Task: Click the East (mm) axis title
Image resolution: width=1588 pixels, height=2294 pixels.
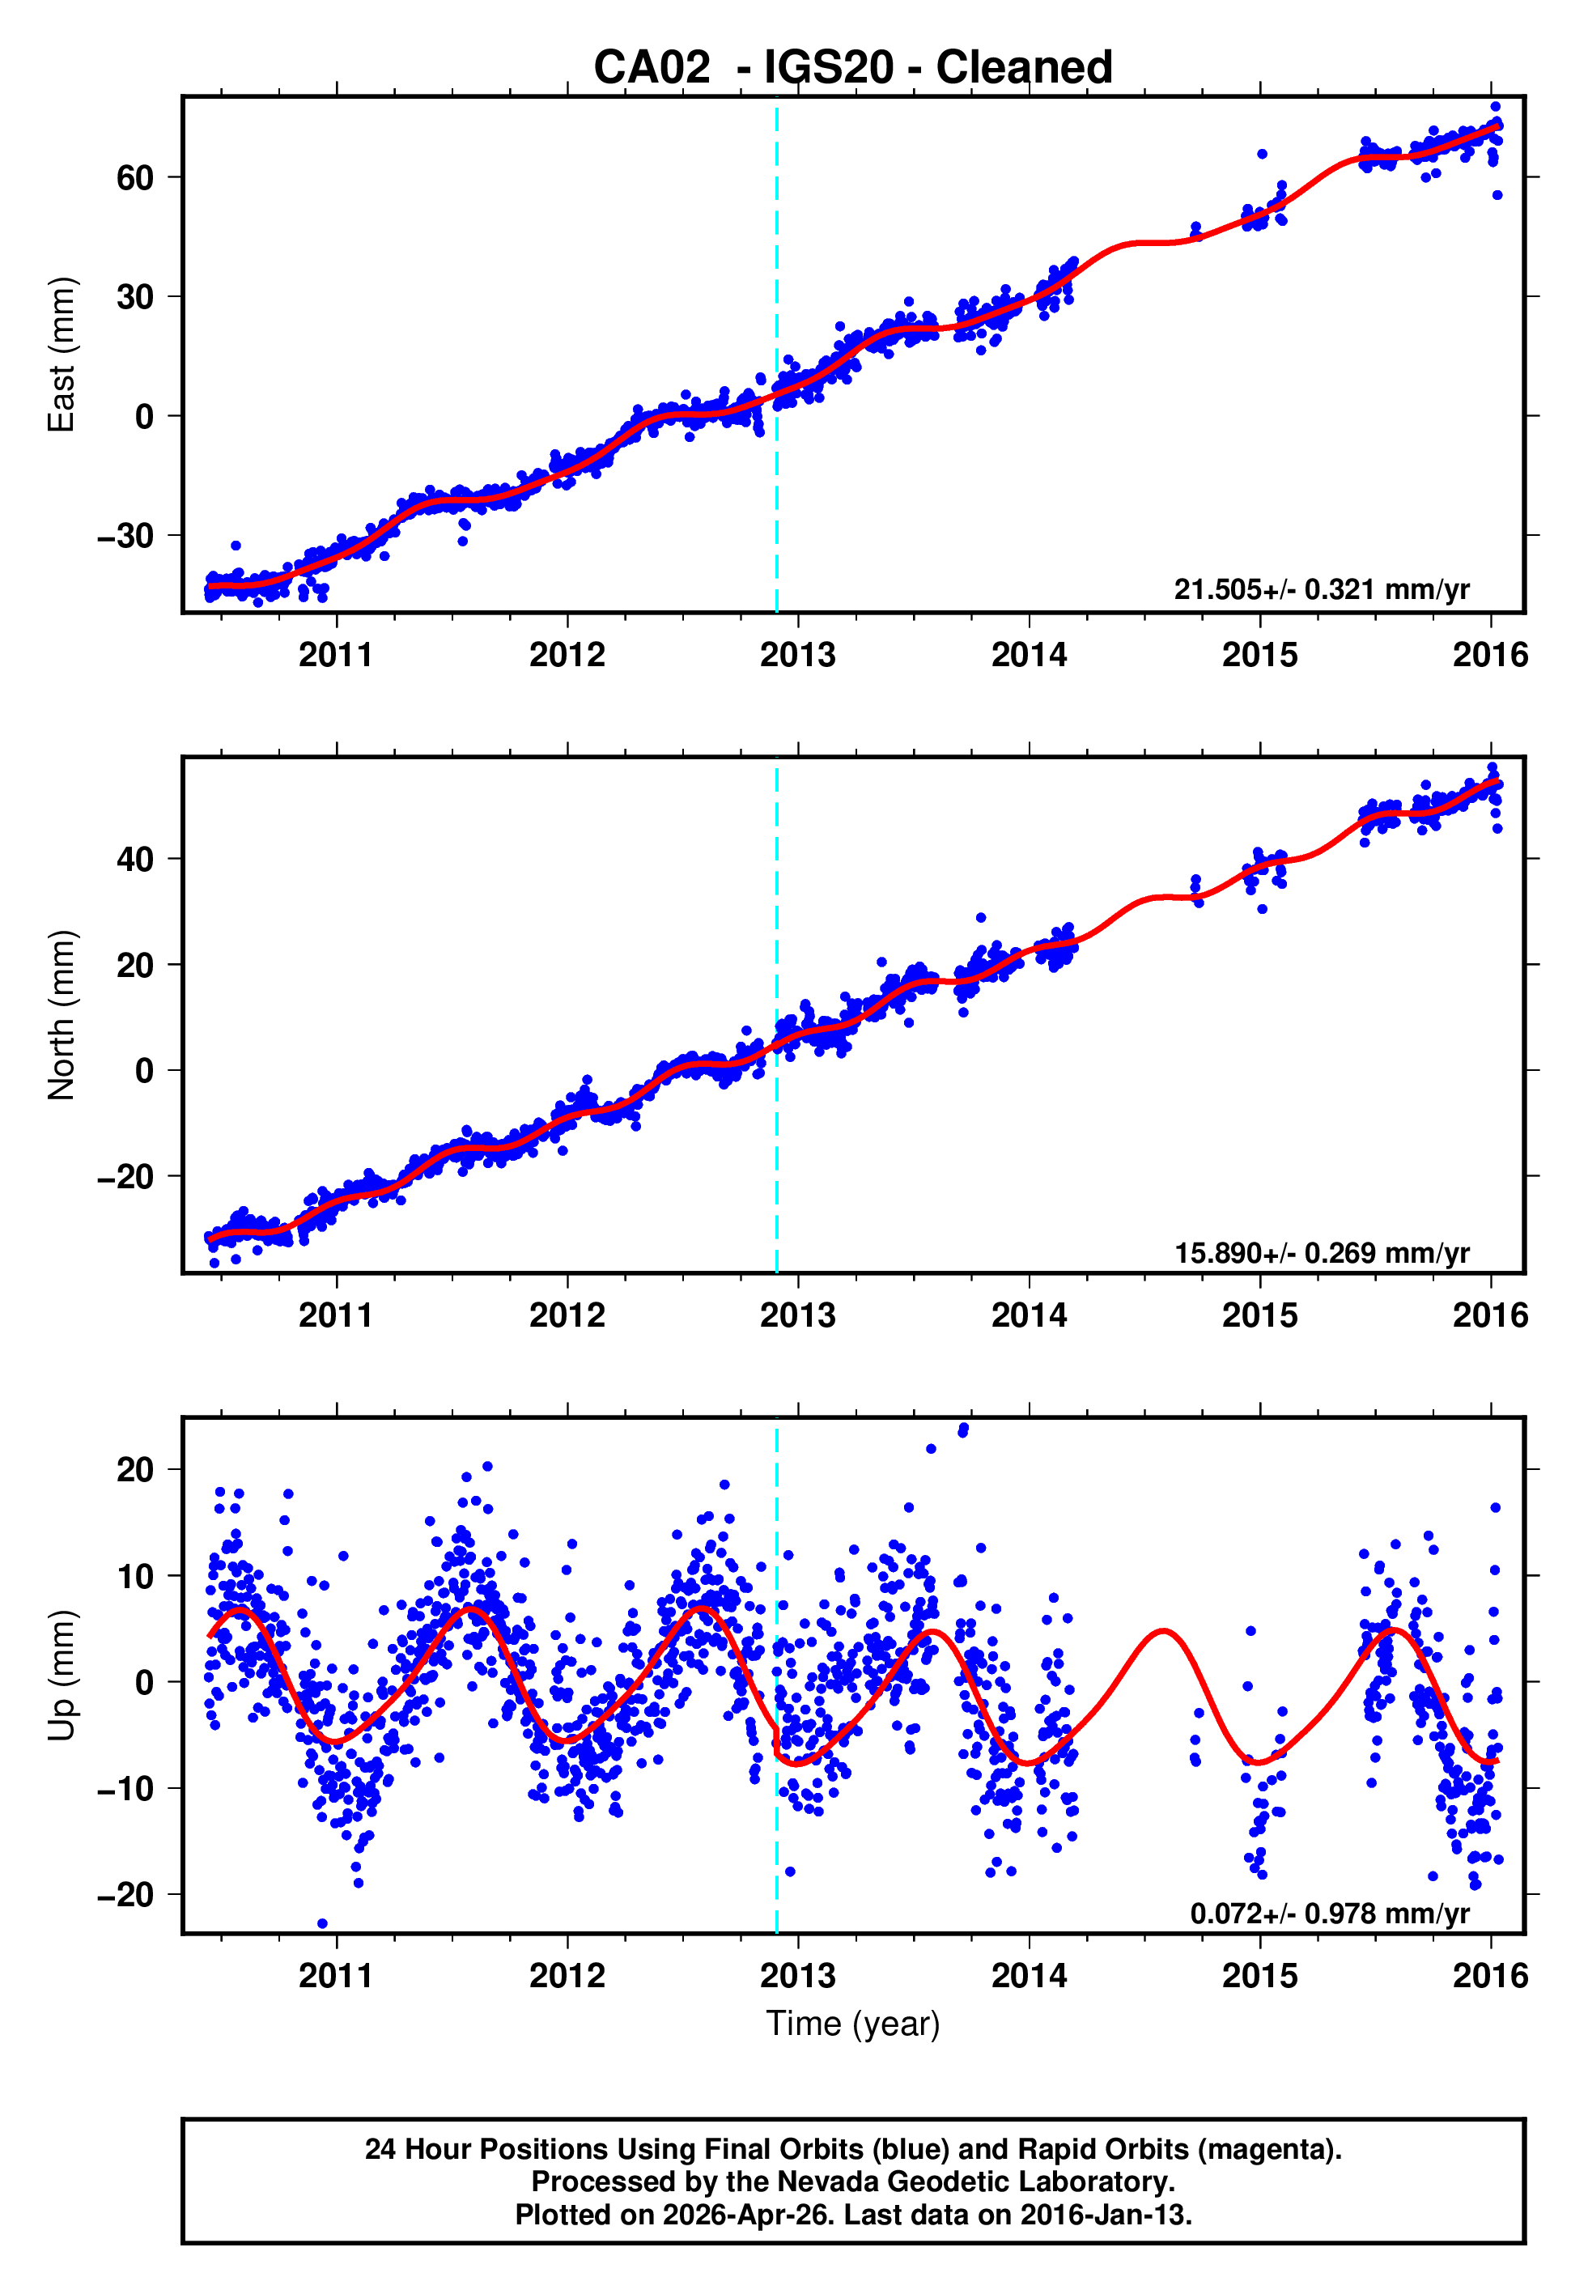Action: pyautogui.click(x=62, y=355)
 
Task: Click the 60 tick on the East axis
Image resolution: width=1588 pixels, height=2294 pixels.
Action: pyautogui.click(x=134, y=178)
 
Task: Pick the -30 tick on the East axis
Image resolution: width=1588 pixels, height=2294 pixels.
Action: pyautogui.click(x=125, y=536)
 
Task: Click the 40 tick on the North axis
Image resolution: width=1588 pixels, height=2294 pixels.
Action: pyautogui.click(x=134, y=859)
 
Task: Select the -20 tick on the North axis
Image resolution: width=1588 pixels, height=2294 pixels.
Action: pyautogui.click(x=125, y=1177)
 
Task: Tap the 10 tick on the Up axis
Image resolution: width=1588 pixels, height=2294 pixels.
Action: pyautogui.click(x=134, y=1576)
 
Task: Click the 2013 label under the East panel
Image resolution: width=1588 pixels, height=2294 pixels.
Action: pyautogui.click(x=797, y=656)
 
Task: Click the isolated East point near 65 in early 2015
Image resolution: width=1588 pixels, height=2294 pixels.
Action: pyautogui.click(x=1261, y=154)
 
